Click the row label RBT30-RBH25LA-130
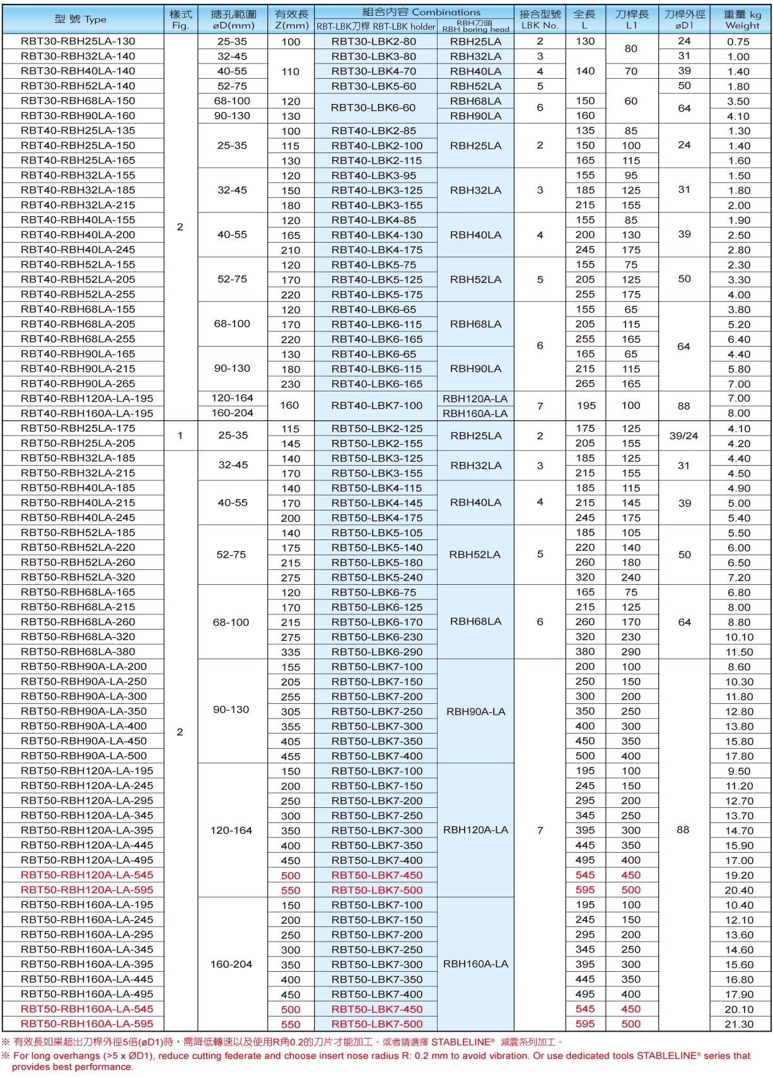(78, 42)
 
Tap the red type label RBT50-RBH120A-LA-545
(87, 875)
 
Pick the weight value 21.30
(739, 1024)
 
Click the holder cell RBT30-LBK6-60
(374, 108)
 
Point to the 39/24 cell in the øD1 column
(683, 435)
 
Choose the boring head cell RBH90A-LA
(476, 711)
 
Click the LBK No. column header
(540, 20)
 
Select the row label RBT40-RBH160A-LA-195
(87, 413)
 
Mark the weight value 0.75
(738, 42)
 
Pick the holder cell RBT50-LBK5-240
(377, 577)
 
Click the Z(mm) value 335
(291, 652)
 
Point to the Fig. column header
(180, 20)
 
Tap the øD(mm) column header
(233, 20)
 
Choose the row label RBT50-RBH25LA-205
(78, 443)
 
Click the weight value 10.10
(739, 637)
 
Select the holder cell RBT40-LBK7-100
(377, 406)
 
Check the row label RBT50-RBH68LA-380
(78, 652)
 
